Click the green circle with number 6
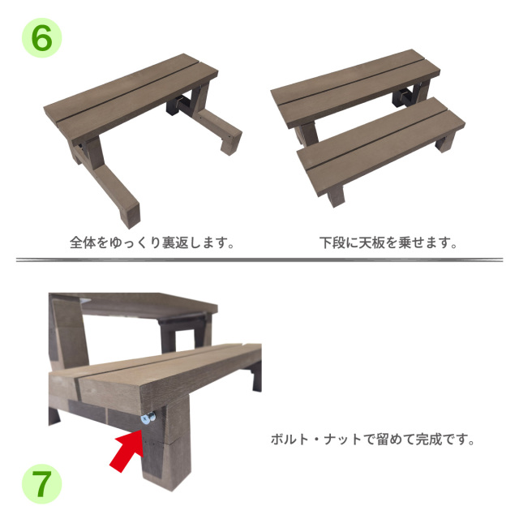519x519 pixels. tap(40, 37)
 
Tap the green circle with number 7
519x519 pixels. tap(41, 484)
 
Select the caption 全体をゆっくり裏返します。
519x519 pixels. tap(152, 242)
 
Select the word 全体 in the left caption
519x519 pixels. tap(82, 242)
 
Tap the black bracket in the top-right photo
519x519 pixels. tap(403, 97)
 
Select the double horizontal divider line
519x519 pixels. tap(259, 260)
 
